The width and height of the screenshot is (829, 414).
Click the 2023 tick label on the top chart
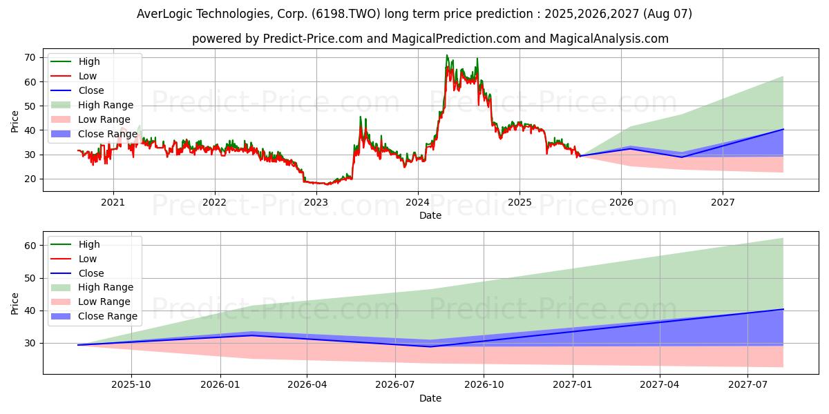coord(316,202)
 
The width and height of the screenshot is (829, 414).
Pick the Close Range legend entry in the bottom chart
coord(107,316)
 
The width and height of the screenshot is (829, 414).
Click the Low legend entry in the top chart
coord(87,76)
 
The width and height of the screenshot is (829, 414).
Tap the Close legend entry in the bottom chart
coord(90,273)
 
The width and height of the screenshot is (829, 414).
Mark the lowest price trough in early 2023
coord(327,184)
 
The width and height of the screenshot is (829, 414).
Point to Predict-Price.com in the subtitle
coord(312,39)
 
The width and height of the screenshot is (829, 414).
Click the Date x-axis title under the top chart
coord(430,215)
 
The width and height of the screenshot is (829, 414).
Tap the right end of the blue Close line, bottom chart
coord(783,309)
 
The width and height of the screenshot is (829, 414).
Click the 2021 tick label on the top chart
coord(113,202)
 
